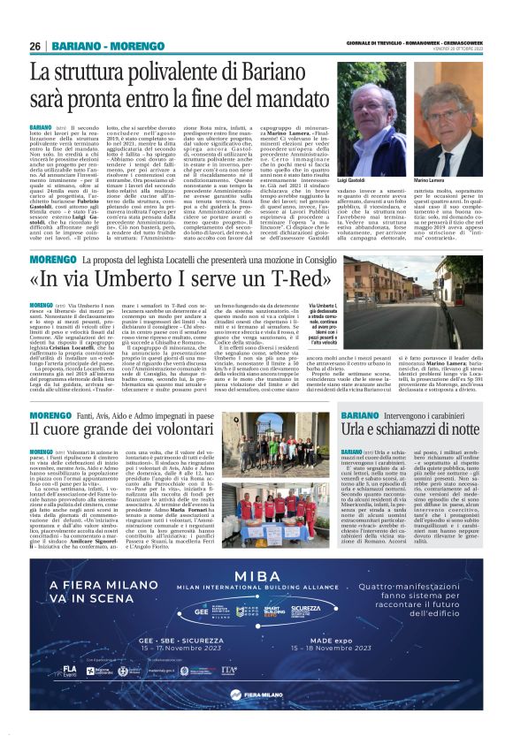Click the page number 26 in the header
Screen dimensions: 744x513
point(35,46)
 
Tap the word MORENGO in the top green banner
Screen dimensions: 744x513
point(119,46)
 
